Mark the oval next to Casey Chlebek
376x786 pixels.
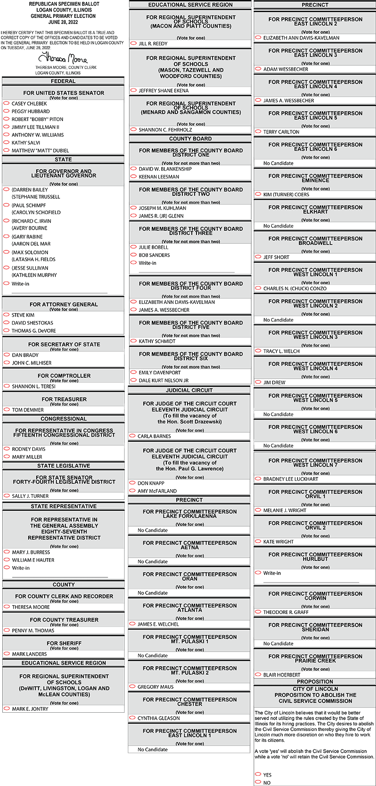coord(7,103)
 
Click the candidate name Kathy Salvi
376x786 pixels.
coord(26,143)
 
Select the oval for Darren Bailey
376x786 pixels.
coord(7,189)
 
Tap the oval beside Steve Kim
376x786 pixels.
coord(7,315)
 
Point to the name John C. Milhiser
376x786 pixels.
coord(32,363)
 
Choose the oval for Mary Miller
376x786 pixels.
coord(7,457)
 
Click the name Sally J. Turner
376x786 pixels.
coord(31,496)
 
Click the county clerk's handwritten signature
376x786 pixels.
coord(63,58)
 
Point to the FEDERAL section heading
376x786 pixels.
coord(63,81)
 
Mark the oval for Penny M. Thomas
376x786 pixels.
coord(7,630)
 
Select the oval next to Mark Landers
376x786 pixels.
coord(7,654)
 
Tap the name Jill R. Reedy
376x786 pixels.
coord(153,44)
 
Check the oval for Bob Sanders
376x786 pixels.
coord(133,255)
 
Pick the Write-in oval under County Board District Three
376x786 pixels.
coord(133,263)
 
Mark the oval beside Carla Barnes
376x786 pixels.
coord(133,436)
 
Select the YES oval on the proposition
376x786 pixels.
coord(258,774)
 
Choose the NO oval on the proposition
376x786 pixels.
coord(258,782)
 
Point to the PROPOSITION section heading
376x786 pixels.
coord(315,682)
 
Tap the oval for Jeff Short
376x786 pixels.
coord(258,257)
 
